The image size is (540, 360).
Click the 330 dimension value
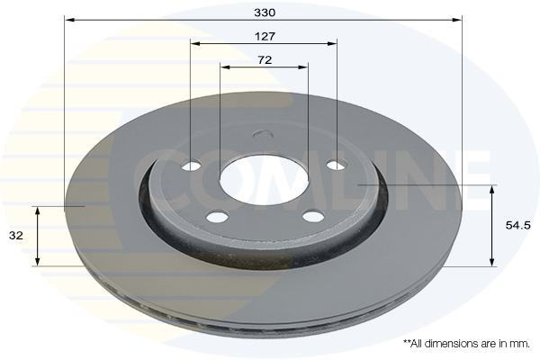coord(265,13)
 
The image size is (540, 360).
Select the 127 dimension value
coord(265,37)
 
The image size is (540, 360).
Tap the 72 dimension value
coord(265,60)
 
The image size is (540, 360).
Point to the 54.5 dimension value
coord(518,225)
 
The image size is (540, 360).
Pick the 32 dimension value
coord(16,236)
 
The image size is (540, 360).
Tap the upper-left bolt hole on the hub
coord(192,166)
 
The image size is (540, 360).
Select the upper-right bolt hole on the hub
coord(337,165)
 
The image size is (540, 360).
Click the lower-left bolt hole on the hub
coord(217,217)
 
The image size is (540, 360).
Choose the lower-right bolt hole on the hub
coord(313,216)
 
